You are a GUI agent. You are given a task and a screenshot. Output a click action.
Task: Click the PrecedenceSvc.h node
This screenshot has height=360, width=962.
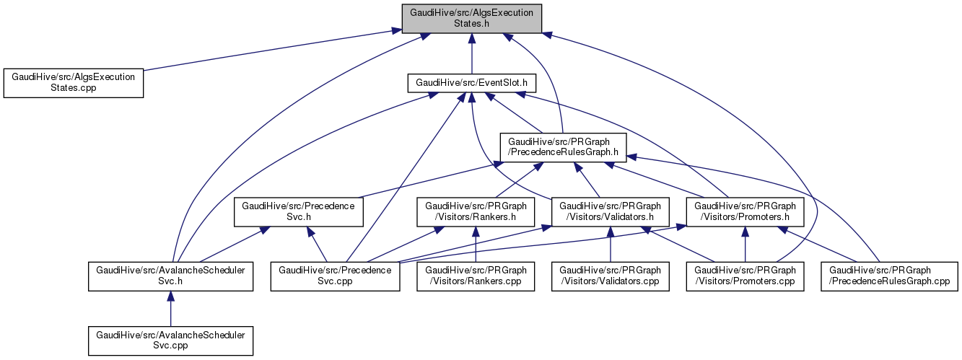coord(297,211)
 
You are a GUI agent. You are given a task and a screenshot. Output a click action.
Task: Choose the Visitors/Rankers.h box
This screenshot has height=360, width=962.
coord(476,211)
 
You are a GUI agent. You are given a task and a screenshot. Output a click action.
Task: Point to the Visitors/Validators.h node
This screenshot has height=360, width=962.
coord(611,211)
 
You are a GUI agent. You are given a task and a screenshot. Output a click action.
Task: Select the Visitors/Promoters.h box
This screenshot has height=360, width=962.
coord(745,211)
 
